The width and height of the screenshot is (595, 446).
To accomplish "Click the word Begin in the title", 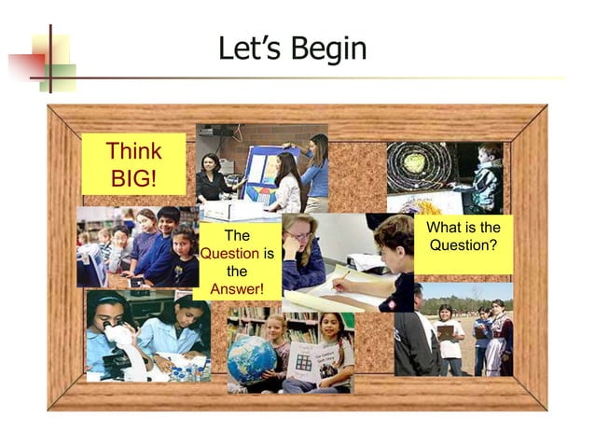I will (327, 48).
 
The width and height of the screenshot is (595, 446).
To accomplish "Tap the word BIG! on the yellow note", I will (133, 176).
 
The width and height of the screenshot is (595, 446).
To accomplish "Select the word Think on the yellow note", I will (133, 151).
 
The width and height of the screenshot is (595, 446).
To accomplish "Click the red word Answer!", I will (237, 288).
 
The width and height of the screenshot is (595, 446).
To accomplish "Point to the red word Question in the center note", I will (229, 253).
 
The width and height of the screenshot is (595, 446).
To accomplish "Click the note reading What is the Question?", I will (463, 236).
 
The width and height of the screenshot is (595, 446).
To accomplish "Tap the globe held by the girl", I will (252, 358).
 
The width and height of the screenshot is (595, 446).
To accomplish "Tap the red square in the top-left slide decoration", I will (26, 63).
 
